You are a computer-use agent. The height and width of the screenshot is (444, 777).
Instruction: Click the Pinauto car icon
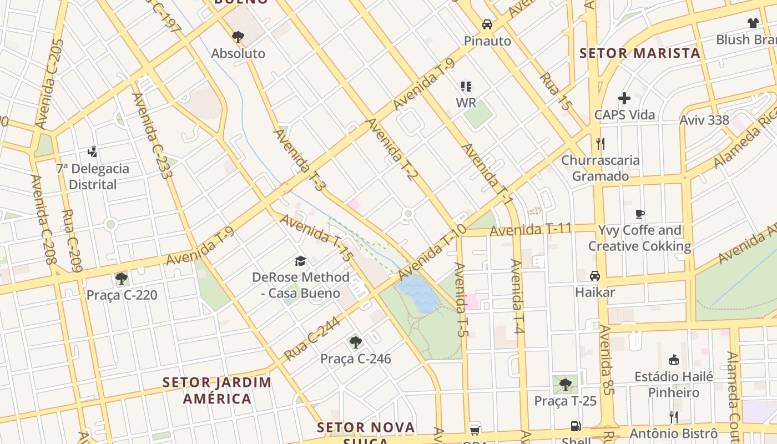point(487,24)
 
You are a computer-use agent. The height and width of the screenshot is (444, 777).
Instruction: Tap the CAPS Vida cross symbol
point(624,98)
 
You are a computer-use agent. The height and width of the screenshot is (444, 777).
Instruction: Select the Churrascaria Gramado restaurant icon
point(600,144)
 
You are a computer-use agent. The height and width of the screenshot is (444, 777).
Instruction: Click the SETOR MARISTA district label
point(639,53)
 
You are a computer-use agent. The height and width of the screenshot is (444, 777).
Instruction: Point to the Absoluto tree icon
point(238,37)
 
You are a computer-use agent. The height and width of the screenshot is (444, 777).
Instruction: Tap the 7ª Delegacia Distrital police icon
point(93,152)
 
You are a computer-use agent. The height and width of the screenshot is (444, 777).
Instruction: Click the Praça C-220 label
point(122,295)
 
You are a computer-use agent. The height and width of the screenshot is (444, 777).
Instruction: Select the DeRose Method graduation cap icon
point(300,261)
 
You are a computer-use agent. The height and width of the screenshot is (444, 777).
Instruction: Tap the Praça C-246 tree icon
point(355,342)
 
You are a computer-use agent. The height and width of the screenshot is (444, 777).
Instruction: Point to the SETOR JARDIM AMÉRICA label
point(217,390)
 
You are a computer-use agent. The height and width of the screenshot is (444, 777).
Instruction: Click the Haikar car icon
point(595,275)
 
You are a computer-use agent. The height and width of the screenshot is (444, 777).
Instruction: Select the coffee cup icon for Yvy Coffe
point(640,214)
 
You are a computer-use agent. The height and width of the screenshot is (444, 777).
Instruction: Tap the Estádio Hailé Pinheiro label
point(674,385)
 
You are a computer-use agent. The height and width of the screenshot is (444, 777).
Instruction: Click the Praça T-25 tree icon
point(565,384)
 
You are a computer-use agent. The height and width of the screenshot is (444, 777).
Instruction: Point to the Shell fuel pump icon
point(576,426)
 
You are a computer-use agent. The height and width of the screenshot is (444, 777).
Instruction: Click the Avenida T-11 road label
point(531,229)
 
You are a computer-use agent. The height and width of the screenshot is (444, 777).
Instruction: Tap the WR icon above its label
point(466,86)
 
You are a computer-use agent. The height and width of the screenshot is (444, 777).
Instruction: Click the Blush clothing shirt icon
point(753,23)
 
